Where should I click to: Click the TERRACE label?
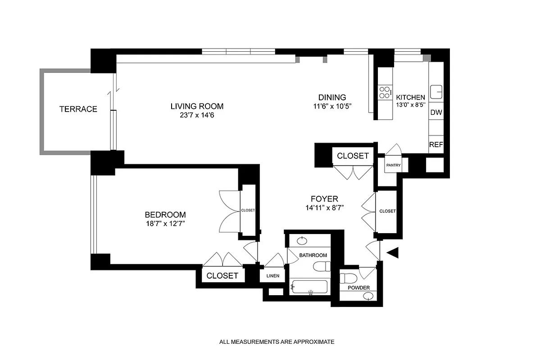click(78, 109)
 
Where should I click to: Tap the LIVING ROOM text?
click(197, 107)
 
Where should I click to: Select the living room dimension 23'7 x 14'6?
click(197, 116)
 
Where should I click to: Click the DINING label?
click(332, 97)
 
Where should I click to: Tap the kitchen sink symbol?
click(436, 92)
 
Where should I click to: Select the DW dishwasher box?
click(436, 112)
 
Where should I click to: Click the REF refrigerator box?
click(436, 145)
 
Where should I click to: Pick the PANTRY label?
click(393, 165)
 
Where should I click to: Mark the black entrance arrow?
click(394, 253)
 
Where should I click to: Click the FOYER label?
click(324, 199)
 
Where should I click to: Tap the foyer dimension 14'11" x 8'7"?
click(324, 208)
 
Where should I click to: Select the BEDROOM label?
click(165, 215)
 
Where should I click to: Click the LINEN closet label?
click(273, 276)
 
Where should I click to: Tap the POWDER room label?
click(358, 288)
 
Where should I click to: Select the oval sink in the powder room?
click(368, 296)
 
